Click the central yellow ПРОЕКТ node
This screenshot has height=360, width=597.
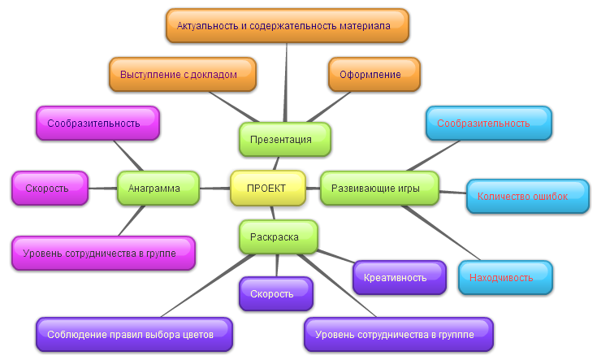(267, 188)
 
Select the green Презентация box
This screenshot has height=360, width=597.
(284, 139)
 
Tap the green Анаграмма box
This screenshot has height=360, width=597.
(158, 188)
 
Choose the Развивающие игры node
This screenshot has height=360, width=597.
(379, 188)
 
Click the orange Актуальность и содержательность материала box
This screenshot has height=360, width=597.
(288, 26)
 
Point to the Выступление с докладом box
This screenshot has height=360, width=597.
(183, 74)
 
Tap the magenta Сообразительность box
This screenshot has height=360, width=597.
(97, 123)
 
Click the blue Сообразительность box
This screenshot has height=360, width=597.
(488, 123)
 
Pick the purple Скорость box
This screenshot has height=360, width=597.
(275, 293)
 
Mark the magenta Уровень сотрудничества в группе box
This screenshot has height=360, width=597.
(103, 253)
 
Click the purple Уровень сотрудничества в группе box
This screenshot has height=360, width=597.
(399, 334)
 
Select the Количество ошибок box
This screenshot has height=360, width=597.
(527, 196)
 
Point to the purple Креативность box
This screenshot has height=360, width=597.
(400, 277)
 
